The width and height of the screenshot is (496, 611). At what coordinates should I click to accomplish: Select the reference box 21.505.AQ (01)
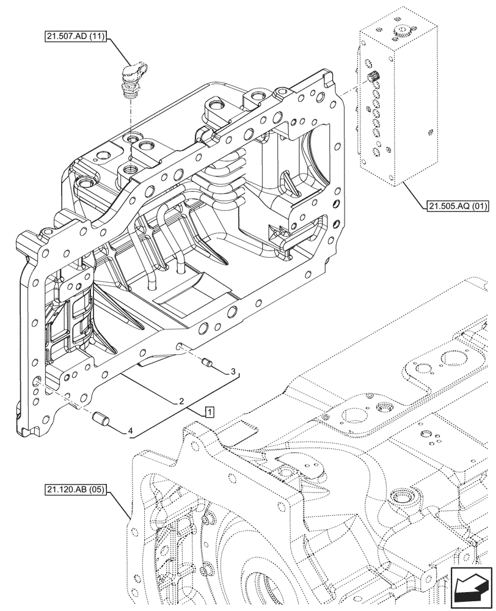tap(454, 206)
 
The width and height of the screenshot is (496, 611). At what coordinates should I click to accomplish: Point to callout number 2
tap(181, 402)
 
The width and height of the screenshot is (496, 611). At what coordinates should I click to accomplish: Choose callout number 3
tap(232, 371)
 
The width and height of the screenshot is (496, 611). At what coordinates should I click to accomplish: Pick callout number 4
tap(130, 431)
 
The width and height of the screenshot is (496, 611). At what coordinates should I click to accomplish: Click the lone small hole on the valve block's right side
tap(432, 130)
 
